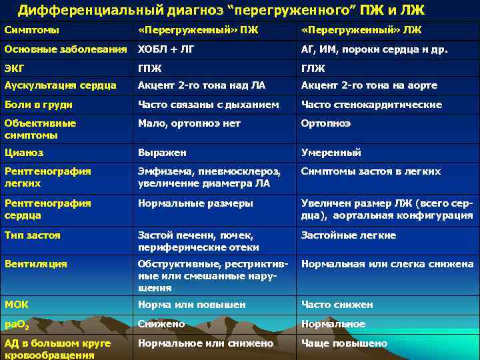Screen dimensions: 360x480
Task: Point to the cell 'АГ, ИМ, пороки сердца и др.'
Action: [x=374, y=49]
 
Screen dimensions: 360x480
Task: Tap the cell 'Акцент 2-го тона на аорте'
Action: [x=369, y=85]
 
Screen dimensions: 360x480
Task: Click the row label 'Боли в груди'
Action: [x=38, y=105]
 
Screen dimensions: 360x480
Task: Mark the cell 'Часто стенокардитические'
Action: [x=371, y=105]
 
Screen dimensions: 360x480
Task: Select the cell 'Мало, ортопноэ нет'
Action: [x=189, y=123]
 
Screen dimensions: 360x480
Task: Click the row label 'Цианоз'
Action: [x=23, y=153]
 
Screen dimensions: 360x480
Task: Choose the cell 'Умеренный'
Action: [x=331, y=153]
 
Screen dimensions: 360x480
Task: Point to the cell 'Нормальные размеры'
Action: [x=195, y=203]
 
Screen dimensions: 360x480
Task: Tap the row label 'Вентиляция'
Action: [x=35, y=264]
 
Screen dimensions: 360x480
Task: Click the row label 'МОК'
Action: [x=16, y=305]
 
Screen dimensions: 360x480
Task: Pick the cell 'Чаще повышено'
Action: [x=344, y=343]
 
